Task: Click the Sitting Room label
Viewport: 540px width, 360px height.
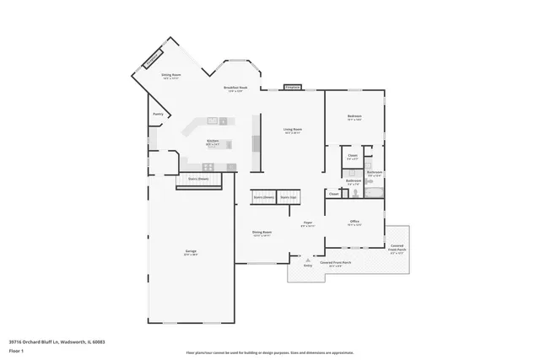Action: point(171,76)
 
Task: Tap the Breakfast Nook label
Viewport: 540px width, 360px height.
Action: point(235,89)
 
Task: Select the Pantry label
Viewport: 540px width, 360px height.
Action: point(158,114)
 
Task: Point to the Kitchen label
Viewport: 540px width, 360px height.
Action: point(213,142)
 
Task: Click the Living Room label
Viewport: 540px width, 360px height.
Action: point(293,130)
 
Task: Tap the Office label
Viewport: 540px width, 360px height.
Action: point(354,223)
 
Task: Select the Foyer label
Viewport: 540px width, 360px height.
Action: point(308,223)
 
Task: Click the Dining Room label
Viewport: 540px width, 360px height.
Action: point(262,233)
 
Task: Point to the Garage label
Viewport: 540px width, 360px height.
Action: point(192,252)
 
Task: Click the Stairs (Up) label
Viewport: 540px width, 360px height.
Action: point(289,197)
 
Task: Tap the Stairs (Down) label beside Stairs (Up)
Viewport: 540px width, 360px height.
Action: point(262,197)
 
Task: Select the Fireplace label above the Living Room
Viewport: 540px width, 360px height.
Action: point(293,87)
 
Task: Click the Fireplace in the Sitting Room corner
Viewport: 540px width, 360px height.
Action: point(153,60)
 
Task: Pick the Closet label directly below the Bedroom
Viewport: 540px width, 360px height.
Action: point(353,156)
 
